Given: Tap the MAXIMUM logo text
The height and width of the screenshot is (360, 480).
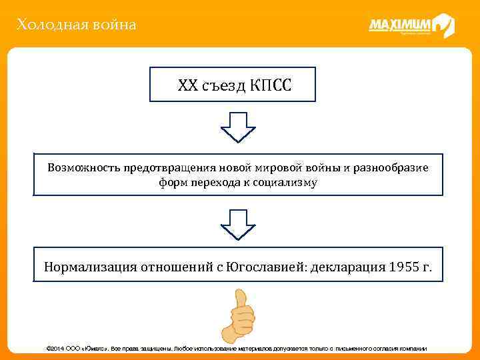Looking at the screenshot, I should tap(399, 25).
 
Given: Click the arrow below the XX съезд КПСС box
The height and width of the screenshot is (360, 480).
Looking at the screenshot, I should tap(238, 127).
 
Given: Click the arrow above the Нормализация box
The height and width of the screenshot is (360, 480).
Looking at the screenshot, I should tap(238, 223).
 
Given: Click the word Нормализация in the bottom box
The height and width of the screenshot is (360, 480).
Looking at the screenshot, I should tap(90, 267).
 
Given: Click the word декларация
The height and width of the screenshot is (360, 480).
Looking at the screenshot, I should tap(349, 267).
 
